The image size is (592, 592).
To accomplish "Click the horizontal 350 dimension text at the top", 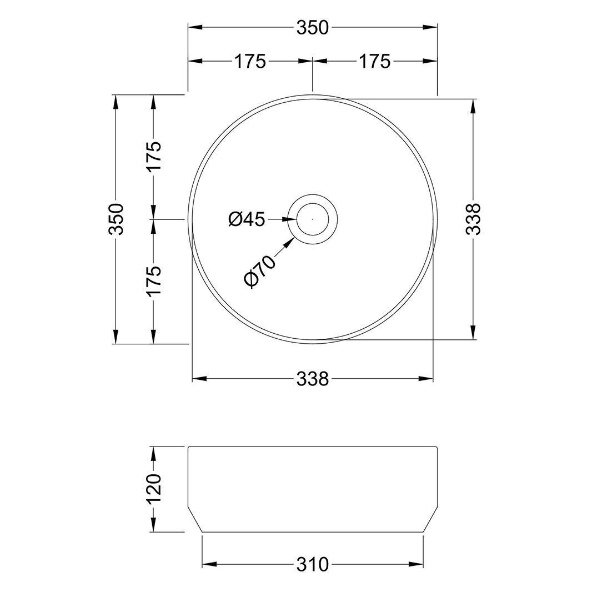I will (313, 28).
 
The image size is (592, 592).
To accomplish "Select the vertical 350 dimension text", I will (116, 219).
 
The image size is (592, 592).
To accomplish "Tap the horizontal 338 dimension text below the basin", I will (313, 379).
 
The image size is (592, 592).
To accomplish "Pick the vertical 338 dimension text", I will (473, 219).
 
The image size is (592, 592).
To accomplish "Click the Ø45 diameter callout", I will (247, 219).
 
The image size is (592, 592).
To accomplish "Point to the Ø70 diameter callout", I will (259, 271).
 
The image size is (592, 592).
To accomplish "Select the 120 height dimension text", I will (154, 489).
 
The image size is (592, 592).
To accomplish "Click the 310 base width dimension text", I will (313, 565).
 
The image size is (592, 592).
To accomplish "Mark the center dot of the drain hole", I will (313, 219).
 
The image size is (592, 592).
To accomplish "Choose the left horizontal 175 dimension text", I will (249, 62).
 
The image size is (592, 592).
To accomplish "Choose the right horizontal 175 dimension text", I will (374, 62).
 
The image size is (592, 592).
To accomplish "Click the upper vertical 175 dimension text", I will (154, 156).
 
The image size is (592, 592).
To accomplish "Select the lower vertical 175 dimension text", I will (154, 281).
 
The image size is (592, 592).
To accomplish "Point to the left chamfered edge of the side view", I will (195, 519).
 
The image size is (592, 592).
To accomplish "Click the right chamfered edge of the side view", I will (431, 519).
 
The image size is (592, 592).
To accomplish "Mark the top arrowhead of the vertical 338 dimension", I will (473, 106).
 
